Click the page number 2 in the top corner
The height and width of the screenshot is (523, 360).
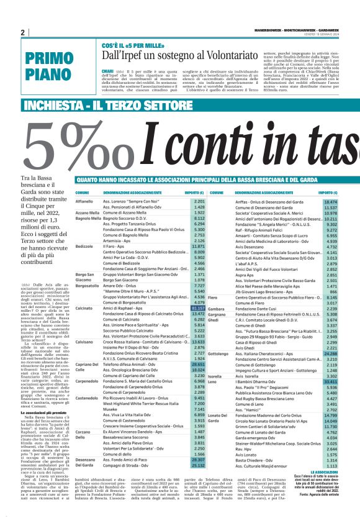[x=24, y=32]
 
